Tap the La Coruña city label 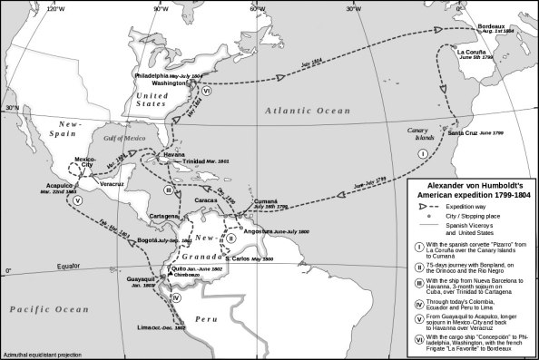(x=474, y=52)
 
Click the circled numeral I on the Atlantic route (x=422, y=154)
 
